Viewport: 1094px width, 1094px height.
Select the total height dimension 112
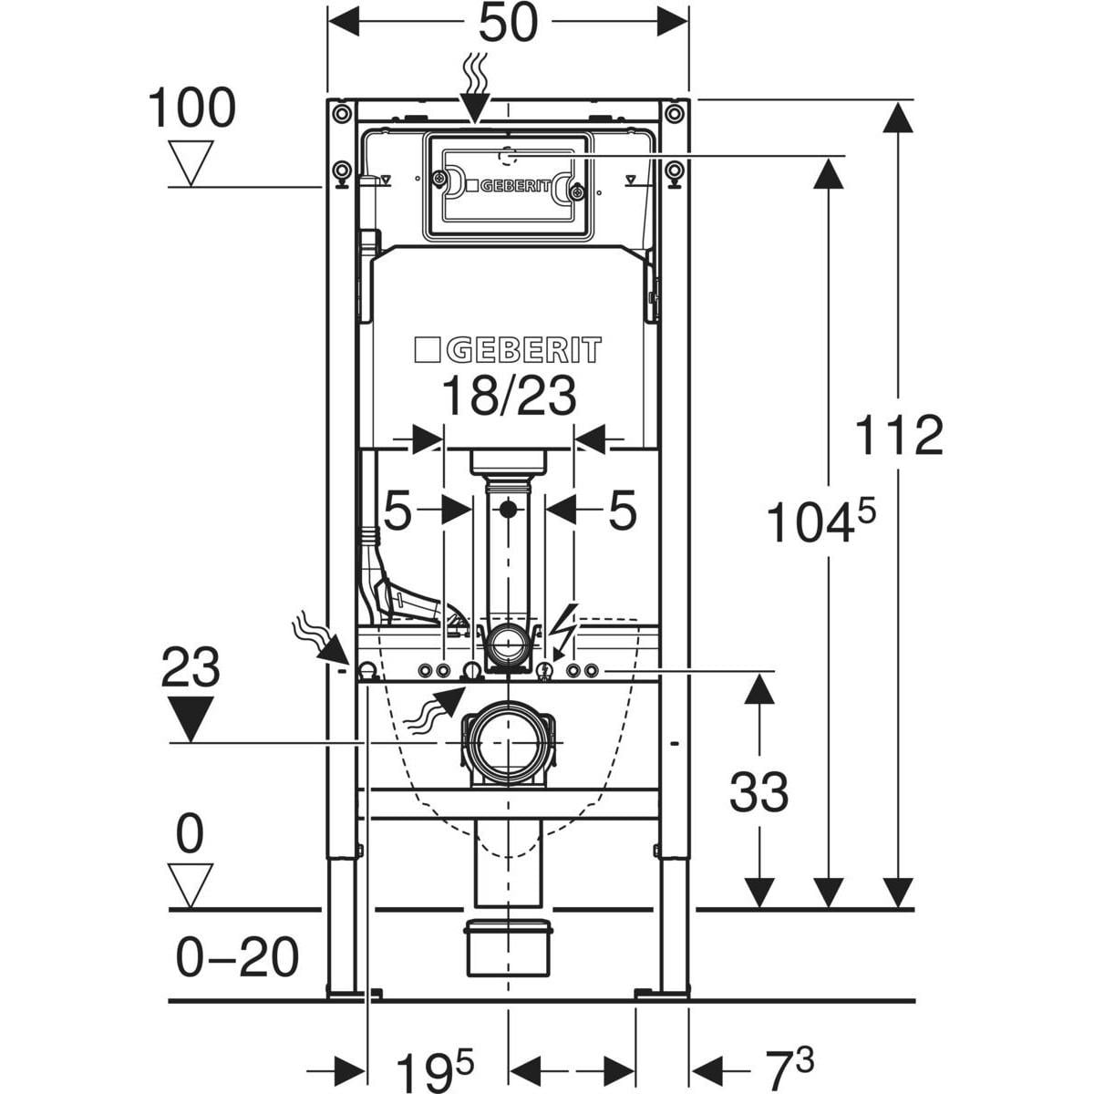pyautogui.click(x=899, y=436)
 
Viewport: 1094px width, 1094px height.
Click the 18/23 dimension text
pyautogui.click(x=508, y=397)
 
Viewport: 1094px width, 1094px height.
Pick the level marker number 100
pyautogui.click(x=191, y=109)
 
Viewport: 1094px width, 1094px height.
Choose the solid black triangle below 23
pyautogui.click(x=191, y=717)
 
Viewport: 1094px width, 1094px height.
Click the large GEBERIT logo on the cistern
pyautogui.click(x=508, y=350)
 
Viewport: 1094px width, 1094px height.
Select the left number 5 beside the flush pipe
pyautogui.click(x=398, y=511)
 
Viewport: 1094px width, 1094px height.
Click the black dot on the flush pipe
pyautogui.click(x=508, y=508)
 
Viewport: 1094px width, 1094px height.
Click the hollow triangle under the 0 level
pyautogui.click(x=191, y=885)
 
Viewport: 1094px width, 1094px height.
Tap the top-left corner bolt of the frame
pyautogui.click(x=341, y=113)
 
